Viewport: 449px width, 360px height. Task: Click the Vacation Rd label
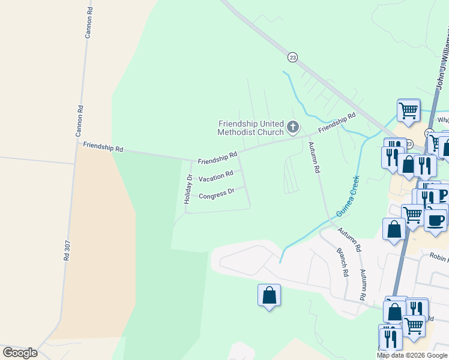pos(215,177)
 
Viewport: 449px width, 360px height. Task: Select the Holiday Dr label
pos(188,190)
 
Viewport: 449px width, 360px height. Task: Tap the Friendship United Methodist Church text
pos(250,128)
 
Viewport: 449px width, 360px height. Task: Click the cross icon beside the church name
pos(293,126)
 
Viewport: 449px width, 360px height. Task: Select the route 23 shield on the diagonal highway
pos(292,57)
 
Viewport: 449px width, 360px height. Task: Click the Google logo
pos(20,352)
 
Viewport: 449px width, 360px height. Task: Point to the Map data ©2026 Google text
pos(412,355)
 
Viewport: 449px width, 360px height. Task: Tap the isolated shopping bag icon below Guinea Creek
pos(269,295)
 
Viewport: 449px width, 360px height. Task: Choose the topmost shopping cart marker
pos(408,110)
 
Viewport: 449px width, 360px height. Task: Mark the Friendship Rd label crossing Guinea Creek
pos(337,122)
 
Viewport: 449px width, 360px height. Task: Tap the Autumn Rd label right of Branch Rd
pos(363,284)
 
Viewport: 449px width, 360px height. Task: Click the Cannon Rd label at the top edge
pos(89,24)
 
